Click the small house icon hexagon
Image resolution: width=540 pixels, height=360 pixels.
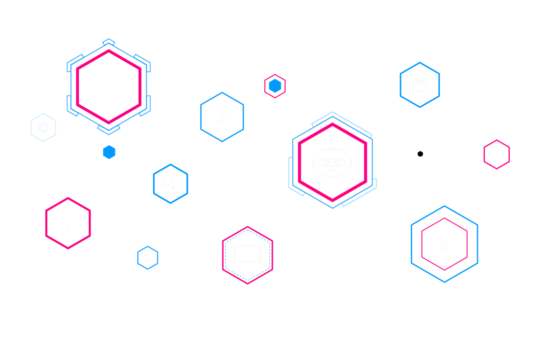(x=148, y=257)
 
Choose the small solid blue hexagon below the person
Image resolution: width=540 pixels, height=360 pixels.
(x=108, y=152)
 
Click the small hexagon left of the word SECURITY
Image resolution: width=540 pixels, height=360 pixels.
(x=275, y=86)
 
